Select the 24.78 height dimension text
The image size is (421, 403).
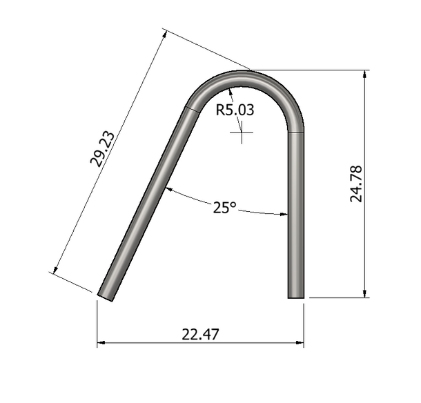point(356,183)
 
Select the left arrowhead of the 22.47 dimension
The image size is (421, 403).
point(101,342)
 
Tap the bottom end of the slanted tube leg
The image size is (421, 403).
point(107,295)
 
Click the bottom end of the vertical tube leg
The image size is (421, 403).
point(295,297)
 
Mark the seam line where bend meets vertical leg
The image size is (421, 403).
point(295,132)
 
